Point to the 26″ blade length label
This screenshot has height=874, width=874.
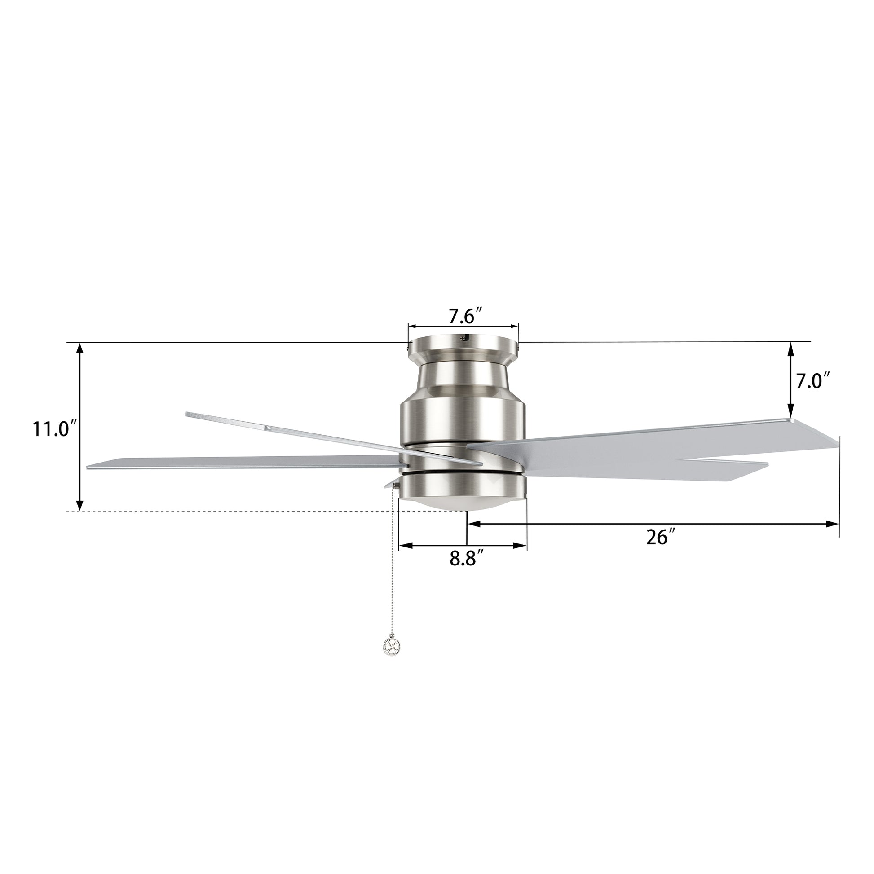[661, 537]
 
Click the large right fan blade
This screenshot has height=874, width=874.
[651, 441]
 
